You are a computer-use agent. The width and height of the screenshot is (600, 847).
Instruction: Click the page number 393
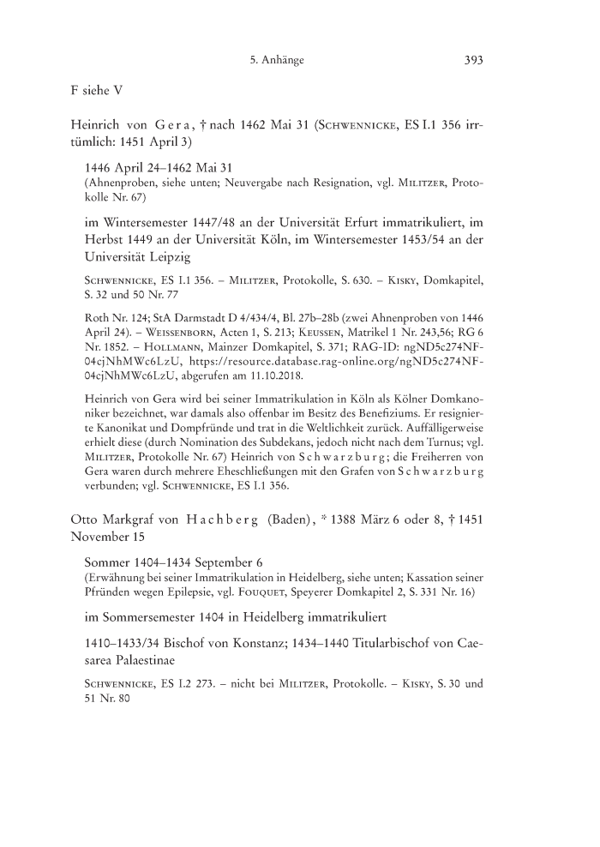coord(474,60)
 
